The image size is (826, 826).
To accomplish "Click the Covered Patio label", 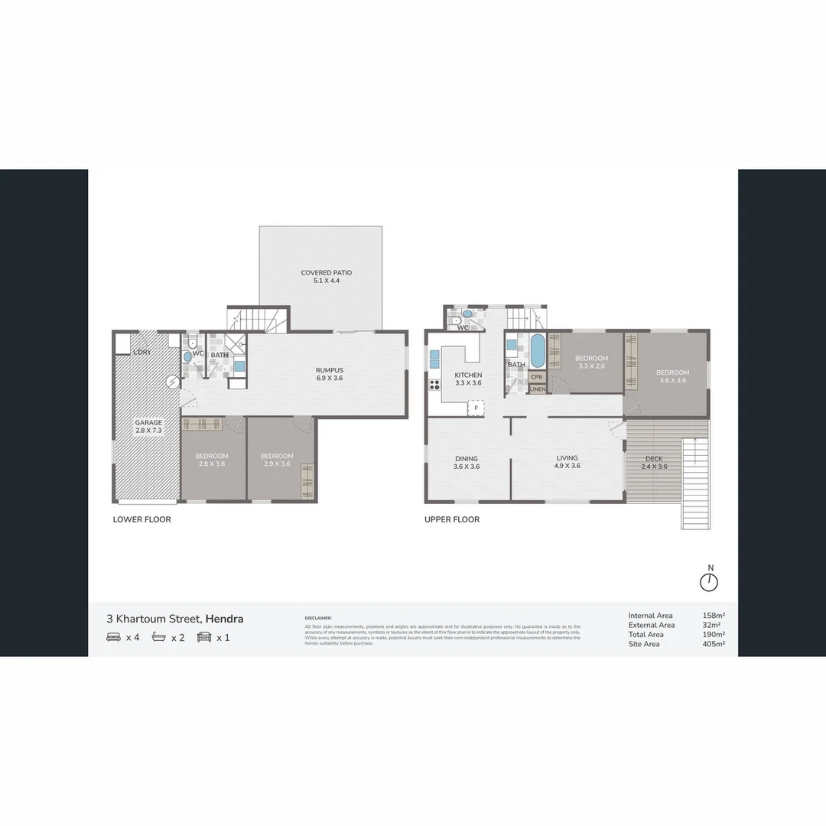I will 326,272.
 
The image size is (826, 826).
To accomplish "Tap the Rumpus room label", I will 330,370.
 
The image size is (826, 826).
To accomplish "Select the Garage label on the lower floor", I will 148,422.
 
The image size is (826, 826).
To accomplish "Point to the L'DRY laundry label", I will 141,352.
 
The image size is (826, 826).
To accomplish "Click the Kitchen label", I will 468,375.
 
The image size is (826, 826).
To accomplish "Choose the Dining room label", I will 466,458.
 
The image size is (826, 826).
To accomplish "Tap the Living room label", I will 567,458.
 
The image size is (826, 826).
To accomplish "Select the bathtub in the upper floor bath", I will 538,351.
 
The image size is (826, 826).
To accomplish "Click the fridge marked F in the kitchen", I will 476,408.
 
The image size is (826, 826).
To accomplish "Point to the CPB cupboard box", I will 537,377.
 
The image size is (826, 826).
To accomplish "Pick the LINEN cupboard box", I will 537,389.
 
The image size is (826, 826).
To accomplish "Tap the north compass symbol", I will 710,581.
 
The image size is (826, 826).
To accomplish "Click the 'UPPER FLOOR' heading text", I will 452,520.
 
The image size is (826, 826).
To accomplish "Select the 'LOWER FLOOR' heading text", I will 141,520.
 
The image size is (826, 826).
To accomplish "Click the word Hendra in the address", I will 224,619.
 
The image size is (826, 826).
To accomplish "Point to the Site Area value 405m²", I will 714,644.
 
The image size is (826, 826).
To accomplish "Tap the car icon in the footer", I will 204,636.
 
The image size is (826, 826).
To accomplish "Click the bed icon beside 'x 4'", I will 113,636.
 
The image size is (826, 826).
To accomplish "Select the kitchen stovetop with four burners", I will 434,385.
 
